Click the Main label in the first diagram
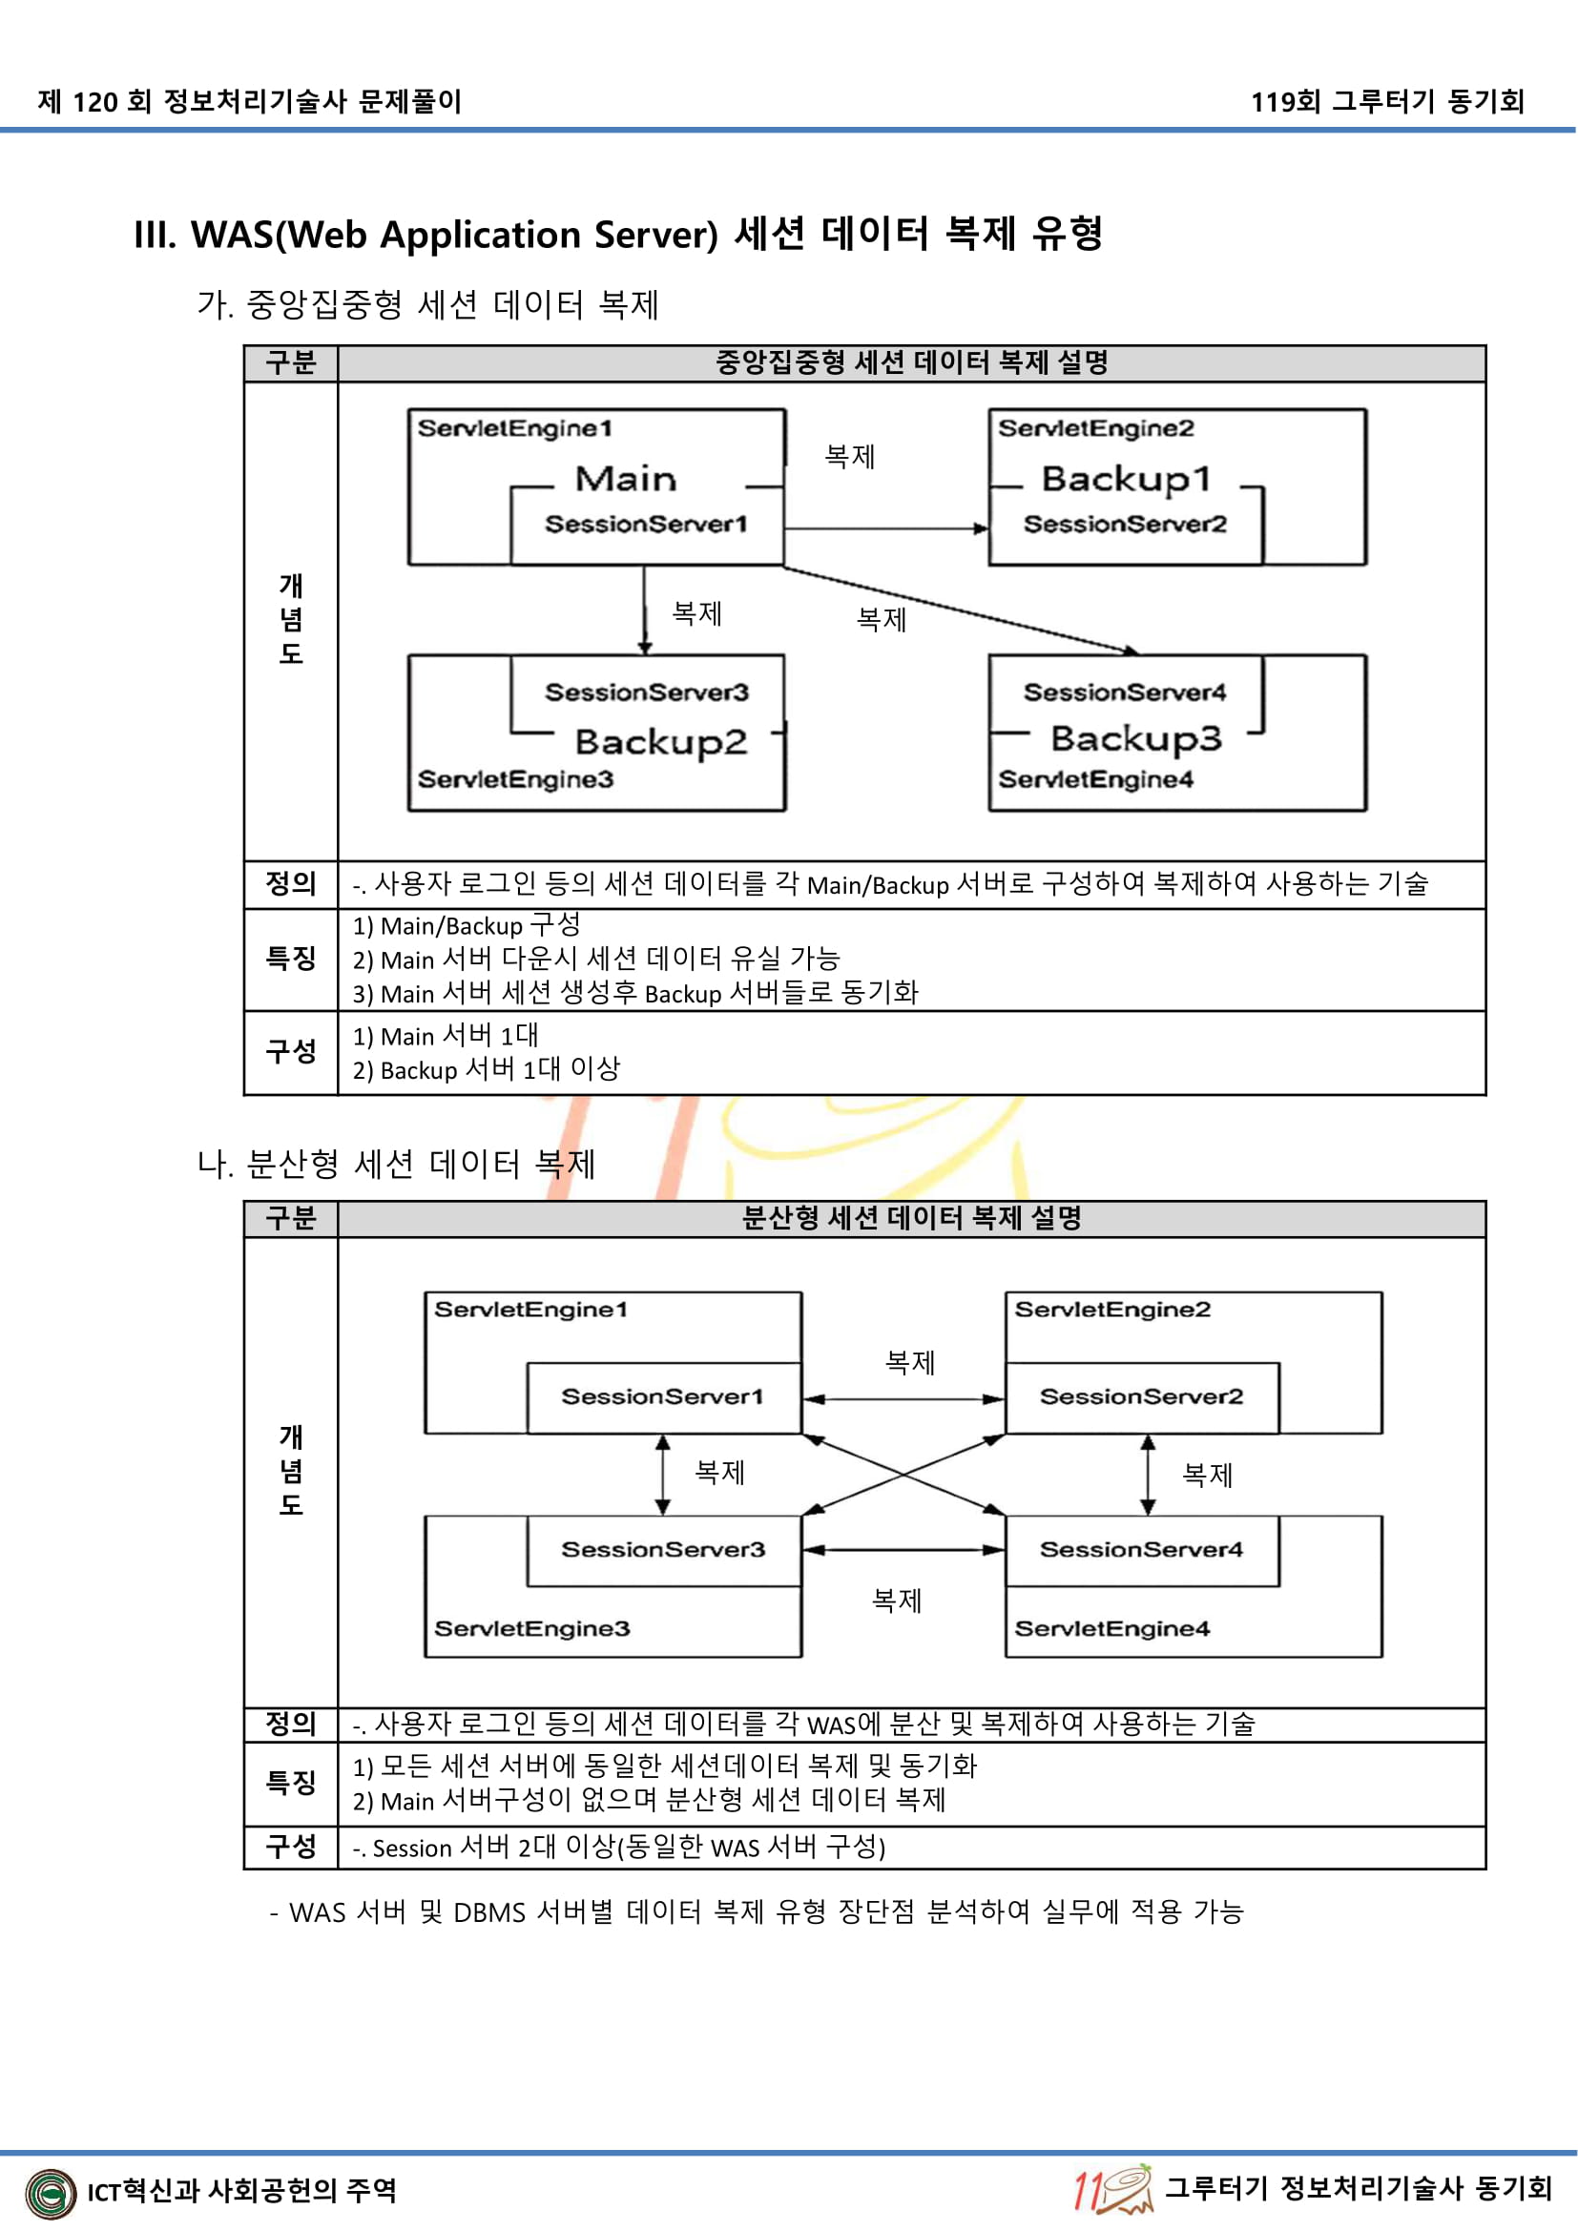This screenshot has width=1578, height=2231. (625, 479)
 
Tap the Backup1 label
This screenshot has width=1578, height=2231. (1125, 479)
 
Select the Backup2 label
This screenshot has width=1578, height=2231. (661, 742)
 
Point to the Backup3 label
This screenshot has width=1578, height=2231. (1136, 738)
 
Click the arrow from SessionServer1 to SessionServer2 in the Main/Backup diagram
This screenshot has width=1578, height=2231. (884, 528)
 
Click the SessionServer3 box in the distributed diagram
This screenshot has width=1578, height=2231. (664, 1550)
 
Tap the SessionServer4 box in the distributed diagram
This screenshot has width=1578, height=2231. (1142, 1550)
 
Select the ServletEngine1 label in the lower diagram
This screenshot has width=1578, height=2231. (530, 1310)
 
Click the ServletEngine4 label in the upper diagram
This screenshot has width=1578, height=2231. (1095, 779)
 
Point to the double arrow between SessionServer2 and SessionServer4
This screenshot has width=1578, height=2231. (1148, 1475)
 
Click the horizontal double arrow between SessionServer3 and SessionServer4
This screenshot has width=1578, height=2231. (903, 1550)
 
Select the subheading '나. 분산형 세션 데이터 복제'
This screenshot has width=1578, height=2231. (397, 1163)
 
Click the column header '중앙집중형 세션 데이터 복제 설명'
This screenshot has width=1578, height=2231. (911, 363)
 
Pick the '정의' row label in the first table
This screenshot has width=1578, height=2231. (291, 884)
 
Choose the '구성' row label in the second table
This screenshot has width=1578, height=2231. (291, 1847)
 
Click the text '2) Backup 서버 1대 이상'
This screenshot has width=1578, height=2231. (486, 1070)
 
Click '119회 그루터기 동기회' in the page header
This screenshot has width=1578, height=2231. (1386, 101)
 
